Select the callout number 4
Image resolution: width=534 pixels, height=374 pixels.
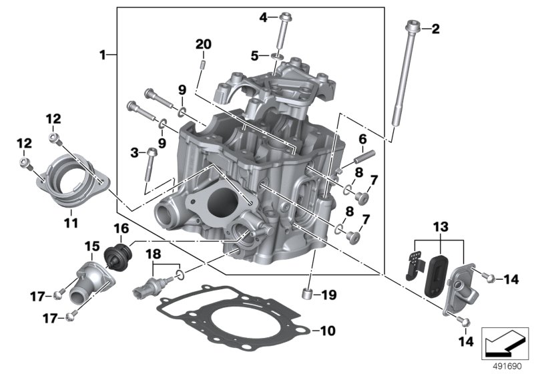point(263,17)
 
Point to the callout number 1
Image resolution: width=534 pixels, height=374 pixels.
point(103,54)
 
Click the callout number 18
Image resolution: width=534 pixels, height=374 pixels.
point(154,254)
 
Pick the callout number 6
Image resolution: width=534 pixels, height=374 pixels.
point(363,138)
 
